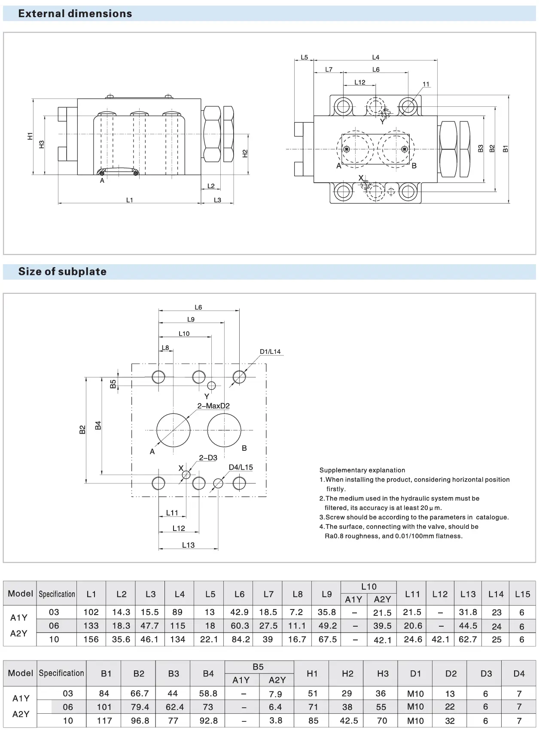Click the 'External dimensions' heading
(x=75, y=14)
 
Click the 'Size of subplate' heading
(x=62, y=271)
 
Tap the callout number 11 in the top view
(x=426, y=84)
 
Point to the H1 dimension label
(x=30, y=136)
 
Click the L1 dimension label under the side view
(x=129, y=200)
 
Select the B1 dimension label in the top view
(x=506, y=148)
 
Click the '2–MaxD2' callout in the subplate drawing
(x=213, y=406)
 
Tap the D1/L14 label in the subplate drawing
(x=270, y=352)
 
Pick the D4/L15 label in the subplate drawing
(x=241, y=467)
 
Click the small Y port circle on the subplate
(x=211, y=386)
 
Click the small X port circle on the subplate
(x=186, y=474)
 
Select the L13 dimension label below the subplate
(x=188, y=545)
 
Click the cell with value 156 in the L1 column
(x=91, y=639)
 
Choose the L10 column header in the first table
(x=368, y=586)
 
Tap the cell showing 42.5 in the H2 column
(x=347, y=721)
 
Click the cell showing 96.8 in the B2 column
(x=140, y=721)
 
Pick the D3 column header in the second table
(x=486, y=673)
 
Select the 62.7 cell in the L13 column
(x=468, y=639)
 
